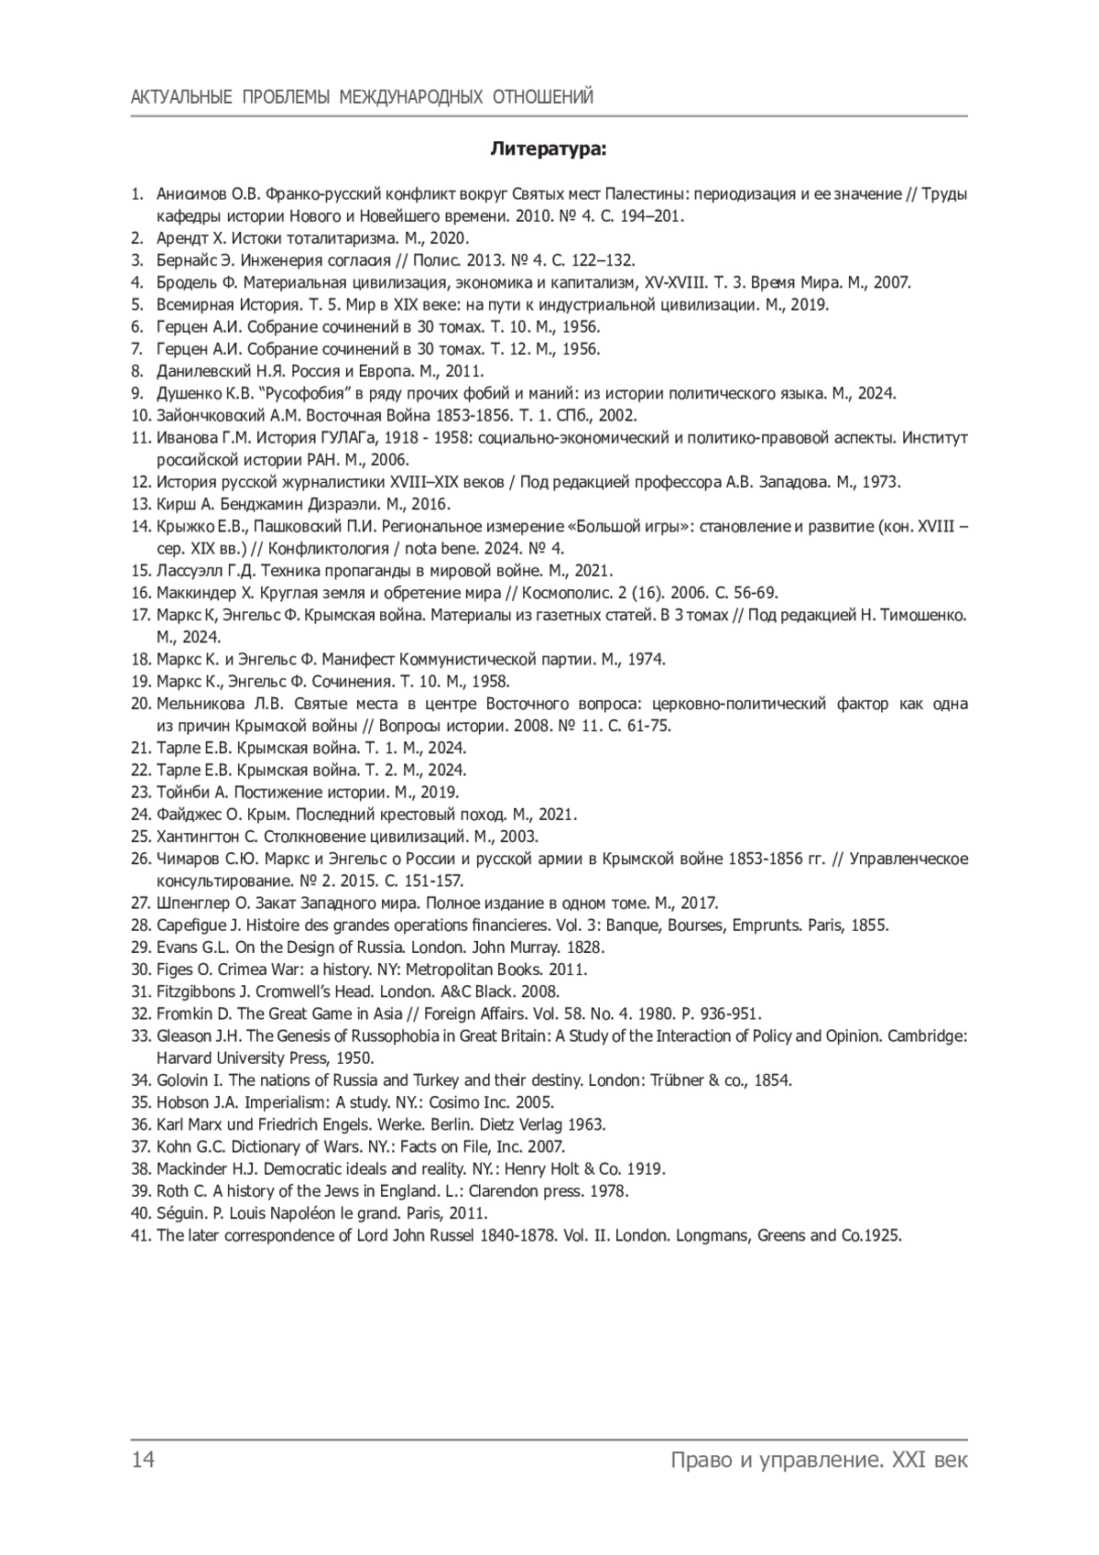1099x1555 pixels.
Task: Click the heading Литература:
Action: pos(549,148)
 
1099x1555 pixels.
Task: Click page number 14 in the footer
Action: pos(143,1459)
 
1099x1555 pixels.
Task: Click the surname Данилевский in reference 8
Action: pos(203,371)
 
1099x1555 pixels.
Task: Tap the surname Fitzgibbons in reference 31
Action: pos(193,991)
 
